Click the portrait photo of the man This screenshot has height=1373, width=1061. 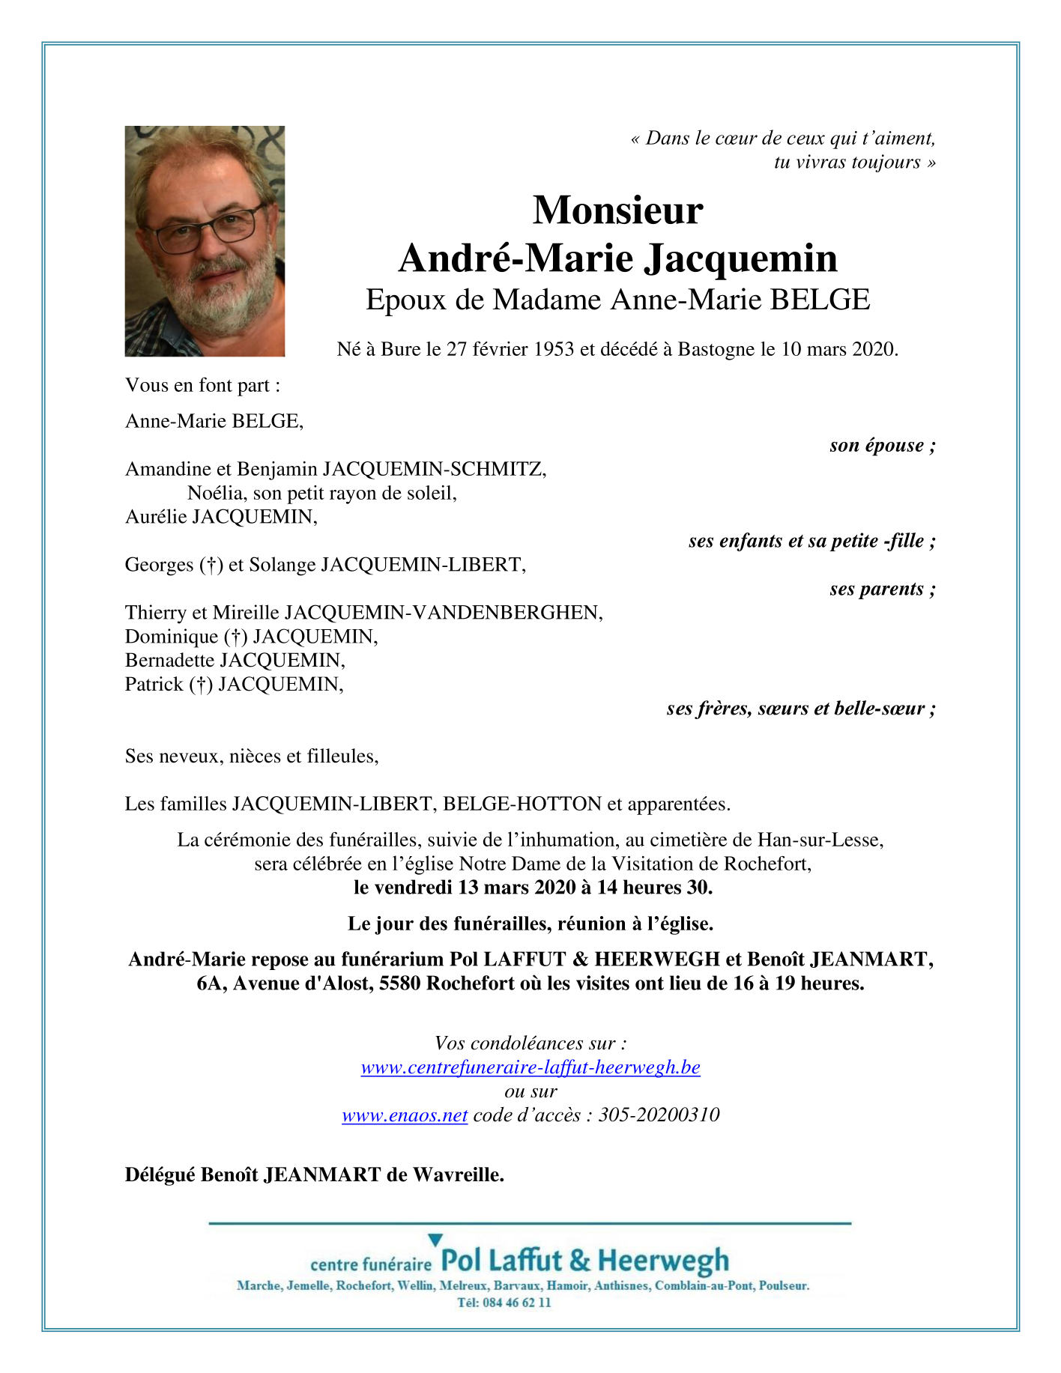tap(205, 240)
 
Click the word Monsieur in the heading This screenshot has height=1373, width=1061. tap(617, 210)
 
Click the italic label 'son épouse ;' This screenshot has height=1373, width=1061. tap(882, 446)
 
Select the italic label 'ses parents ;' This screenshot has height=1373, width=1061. tap(882, 589)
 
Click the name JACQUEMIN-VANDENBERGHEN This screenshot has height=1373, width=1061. tap(444, 613)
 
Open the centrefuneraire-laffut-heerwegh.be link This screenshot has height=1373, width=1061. tap(530, 1067)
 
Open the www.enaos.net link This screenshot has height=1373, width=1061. tap(405, 1115)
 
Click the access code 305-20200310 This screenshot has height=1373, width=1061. tap(659, 1115)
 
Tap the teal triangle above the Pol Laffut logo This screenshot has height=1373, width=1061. tap(435, 1240)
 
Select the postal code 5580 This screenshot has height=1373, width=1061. tap(400, 983)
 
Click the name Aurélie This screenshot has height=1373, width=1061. tap(156, 517)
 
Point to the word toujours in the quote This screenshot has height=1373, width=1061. tap(886, 163)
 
